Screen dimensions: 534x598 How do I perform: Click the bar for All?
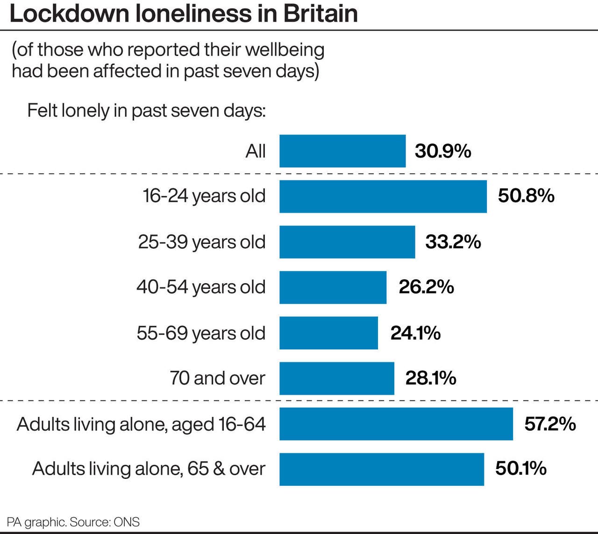(342, 151)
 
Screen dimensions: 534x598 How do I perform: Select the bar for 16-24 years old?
(383, 196)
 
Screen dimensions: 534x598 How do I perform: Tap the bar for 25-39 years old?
(347, 242)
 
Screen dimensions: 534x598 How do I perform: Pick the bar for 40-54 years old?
(333, 287)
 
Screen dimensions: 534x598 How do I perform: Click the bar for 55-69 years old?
(328, 333)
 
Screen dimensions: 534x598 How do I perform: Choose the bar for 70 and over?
(337, 378)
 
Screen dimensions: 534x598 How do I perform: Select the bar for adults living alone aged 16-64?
(396, 424)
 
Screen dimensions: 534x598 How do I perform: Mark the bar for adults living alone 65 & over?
(382, 469)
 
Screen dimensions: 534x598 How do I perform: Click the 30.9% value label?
(443, 151)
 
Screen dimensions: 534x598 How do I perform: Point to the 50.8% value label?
(526, 196)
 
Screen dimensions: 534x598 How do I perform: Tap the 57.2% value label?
(550, 424)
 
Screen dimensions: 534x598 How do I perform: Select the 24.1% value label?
(415, 333)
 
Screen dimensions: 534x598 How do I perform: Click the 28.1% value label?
(431, 378)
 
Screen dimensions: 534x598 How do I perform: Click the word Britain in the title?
(320, 14)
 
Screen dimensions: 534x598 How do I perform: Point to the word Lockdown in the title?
(69, 14)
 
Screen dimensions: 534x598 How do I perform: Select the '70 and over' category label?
(217, 378)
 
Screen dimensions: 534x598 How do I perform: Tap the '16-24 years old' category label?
(204, 196)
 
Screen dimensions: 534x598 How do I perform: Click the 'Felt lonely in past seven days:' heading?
(146, 111)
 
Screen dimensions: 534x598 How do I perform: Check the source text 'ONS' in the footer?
(127, 522)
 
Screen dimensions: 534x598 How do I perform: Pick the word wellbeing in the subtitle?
(285, 50)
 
